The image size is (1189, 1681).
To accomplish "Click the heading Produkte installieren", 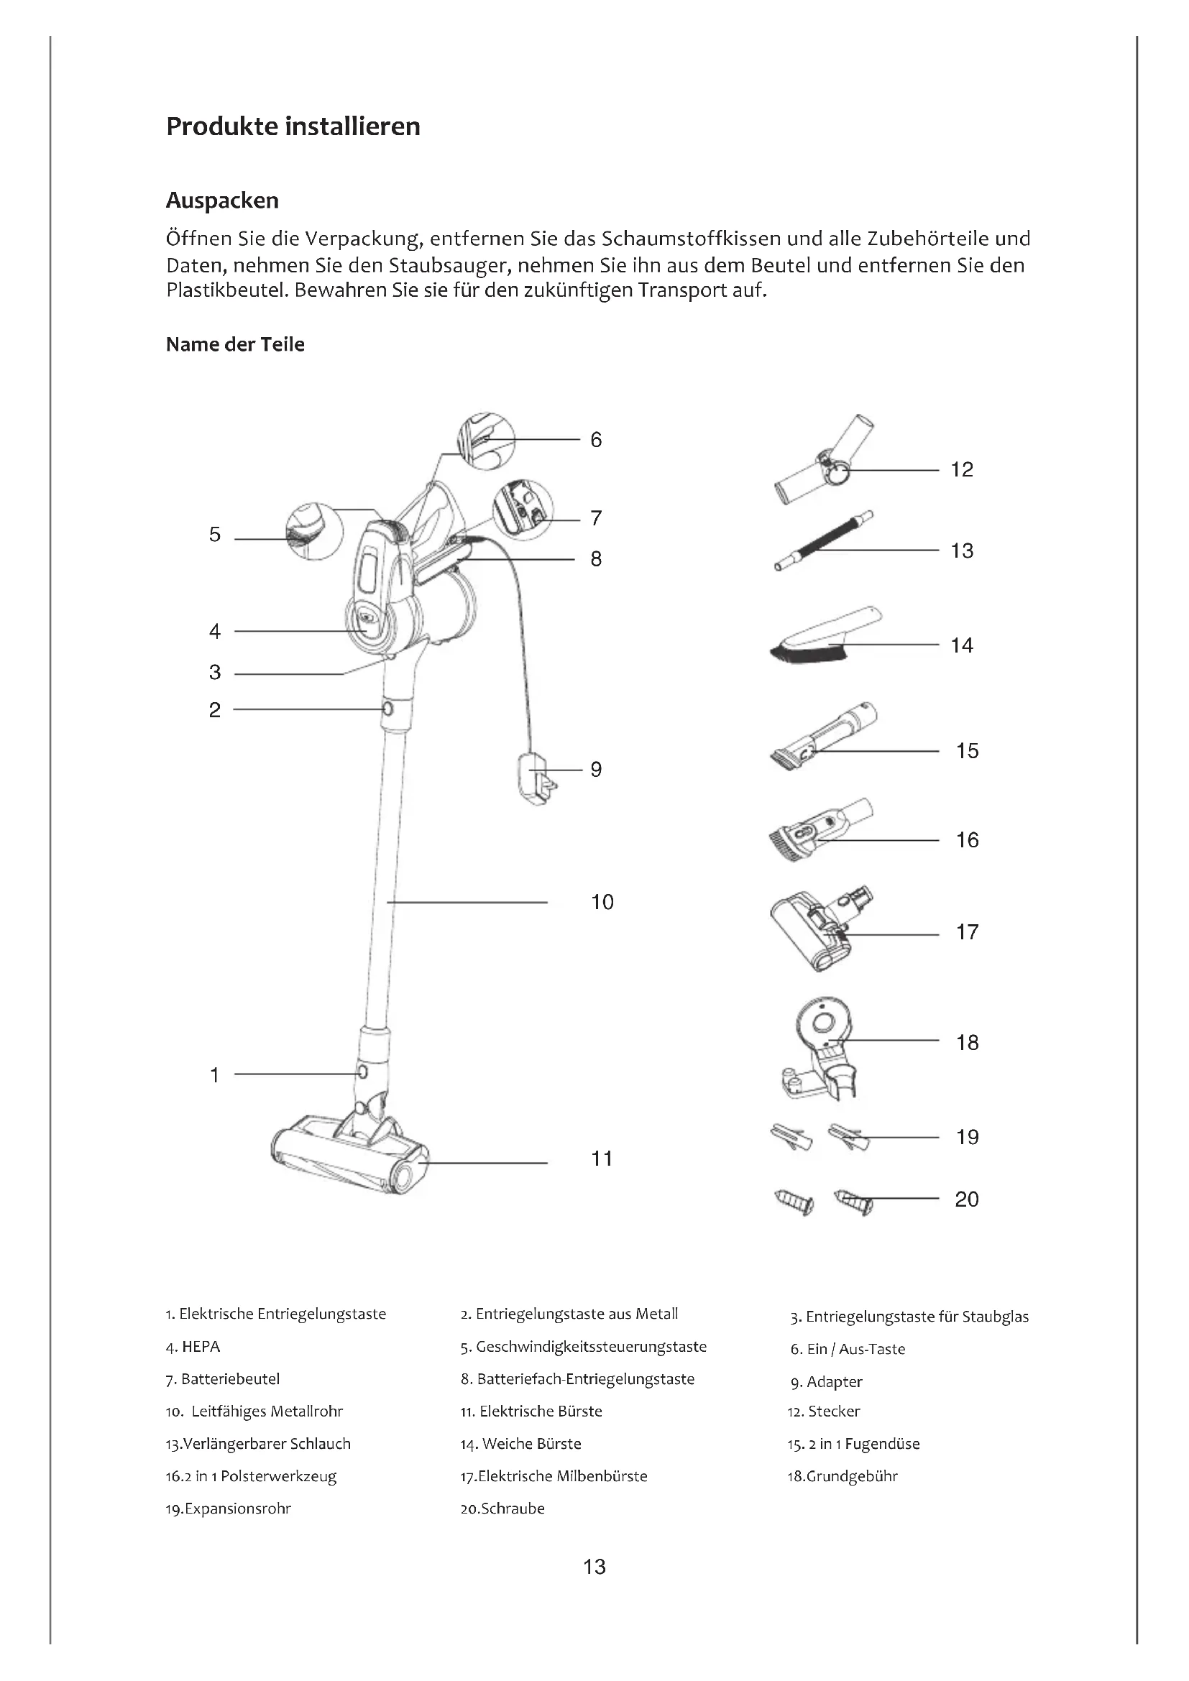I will click(x=293, y=126).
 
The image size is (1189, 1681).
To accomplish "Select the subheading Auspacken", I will click(x=222, y=201).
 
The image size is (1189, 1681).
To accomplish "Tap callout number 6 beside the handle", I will click(x=596, y=440).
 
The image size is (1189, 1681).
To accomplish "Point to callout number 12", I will click(x=961, y=470).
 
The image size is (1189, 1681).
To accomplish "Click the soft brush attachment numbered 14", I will click(x=824, y=636).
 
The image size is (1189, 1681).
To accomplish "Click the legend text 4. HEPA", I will click(x=193, y=1346).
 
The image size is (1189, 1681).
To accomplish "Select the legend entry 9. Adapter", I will click(x=826, y=1381).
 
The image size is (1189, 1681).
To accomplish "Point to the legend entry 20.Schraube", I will click(x=502, y=1509).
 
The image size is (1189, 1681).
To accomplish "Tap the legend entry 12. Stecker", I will click(x=824, y=1411).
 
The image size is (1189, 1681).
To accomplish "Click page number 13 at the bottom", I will click(x=594, y=1567).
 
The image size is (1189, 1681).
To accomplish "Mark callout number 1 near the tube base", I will click(x=214, y=1074).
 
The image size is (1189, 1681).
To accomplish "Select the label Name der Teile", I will click(x=235, y=344).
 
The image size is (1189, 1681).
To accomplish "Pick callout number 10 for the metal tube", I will click(x=602, y=902).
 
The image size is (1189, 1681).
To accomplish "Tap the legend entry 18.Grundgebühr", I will click(x=842, y=1476).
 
